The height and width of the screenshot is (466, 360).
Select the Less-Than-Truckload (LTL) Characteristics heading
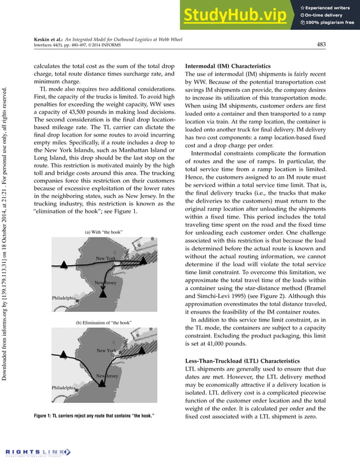pos(238,361)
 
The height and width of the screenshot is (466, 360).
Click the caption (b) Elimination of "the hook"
pos(103,322)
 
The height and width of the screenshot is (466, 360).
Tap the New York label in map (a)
pos(106,258)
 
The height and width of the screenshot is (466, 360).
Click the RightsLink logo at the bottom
pos(36,452)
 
